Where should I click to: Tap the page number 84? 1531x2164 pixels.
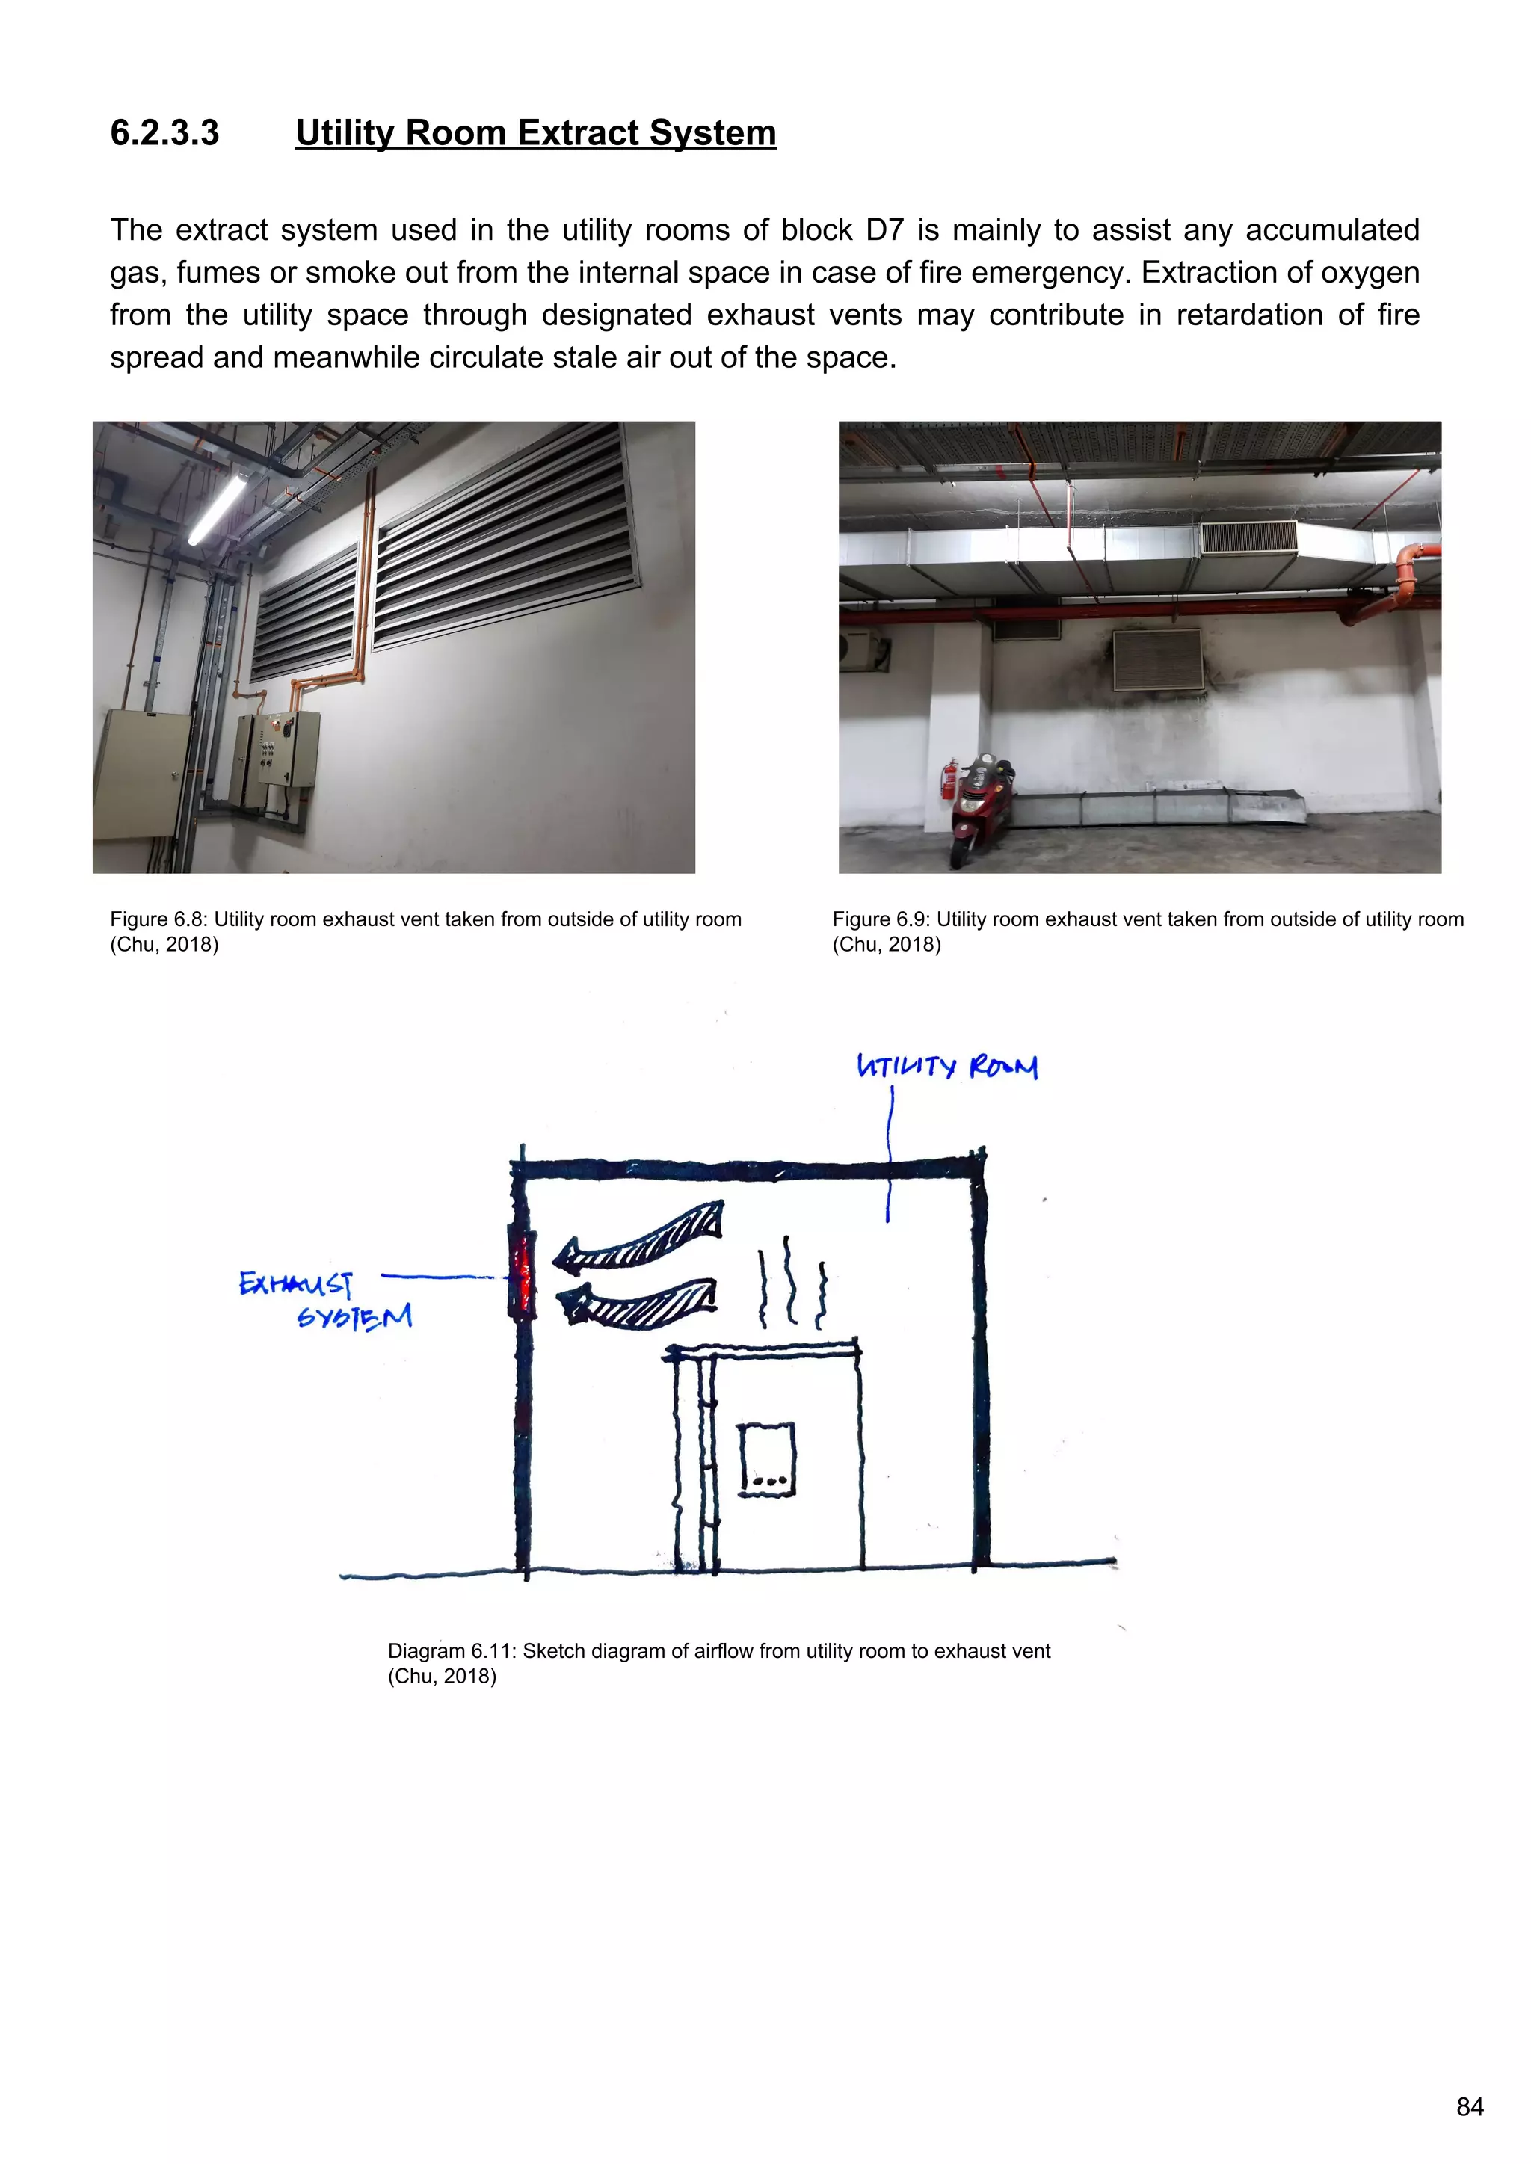point(1470,2106)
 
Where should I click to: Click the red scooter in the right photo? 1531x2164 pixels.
point(982,802)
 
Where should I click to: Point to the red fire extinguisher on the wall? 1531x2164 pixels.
point(949,778)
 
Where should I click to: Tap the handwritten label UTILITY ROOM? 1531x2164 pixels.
point(946,1066)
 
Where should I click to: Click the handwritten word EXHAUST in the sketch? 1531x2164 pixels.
point(295,1283)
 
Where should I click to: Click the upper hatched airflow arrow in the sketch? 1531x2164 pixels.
point(642,1236)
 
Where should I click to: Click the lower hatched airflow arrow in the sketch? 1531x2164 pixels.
point(639,1303)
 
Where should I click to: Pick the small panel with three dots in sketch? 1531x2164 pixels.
point(766,1458)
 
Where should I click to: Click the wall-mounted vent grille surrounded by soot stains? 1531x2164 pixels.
point(1159,661)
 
